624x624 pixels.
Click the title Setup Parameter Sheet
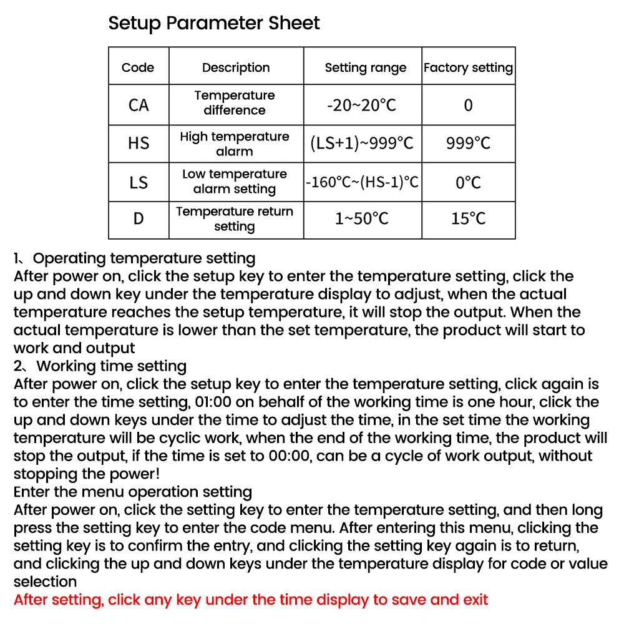(214, 24)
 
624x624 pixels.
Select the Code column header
(138, 67)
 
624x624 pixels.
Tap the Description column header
(236, 67)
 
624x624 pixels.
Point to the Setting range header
(365, 67)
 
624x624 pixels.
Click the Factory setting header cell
(468, 67)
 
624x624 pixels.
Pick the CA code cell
(139, 105)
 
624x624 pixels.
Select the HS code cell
(139, 144)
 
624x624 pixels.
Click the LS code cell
(139, 182)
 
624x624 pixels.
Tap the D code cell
(139, 219)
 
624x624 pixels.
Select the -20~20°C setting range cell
(362, 105)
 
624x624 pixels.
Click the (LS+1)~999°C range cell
(362, 144)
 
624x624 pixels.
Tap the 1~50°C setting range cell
(362, 219)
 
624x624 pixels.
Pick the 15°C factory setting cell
(468, 219)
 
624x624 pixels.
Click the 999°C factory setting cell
(468, 144)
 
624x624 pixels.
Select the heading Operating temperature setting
(144, 258)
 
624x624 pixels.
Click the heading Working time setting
(111, 366)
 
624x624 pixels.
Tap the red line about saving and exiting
(251, 600)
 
